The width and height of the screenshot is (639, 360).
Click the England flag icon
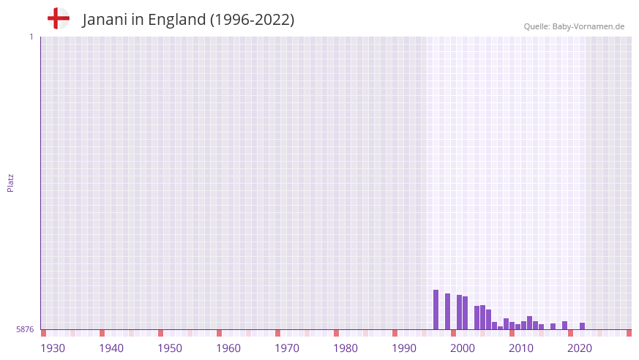[59, 18]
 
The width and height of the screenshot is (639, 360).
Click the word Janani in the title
[105, 20]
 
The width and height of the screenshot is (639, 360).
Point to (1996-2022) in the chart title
[253, 20]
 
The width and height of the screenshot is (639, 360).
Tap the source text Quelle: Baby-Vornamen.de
[574, 26]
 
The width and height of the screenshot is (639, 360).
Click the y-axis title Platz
[10, 182]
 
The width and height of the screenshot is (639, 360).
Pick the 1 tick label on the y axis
[31, 37]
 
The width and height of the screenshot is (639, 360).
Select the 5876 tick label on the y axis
[25, 330]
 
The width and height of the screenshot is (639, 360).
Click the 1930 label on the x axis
[53, 348]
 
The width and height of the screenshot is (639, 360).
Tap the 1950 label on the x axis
[170, 348]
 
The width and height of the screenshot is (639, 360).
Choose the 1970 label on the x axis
[287, 348]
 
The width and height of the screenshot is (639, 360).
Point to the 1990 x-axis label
[404, 348]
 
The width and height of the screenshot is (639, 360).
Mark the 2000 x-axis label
[463, 348]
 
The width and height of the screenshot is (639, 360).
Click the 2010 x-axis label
[521, 348]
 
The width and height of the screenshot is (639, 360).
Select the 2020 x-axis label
[580, 348]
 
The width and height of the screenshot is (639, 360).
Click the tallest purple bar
[436, 310]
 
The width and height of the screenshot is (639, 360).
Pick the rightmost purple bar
[582, 326]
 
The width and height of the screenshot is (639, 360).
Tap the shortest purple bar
[500, 328]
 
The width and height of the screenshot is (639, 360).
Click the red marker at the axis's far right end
[629, 333]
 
